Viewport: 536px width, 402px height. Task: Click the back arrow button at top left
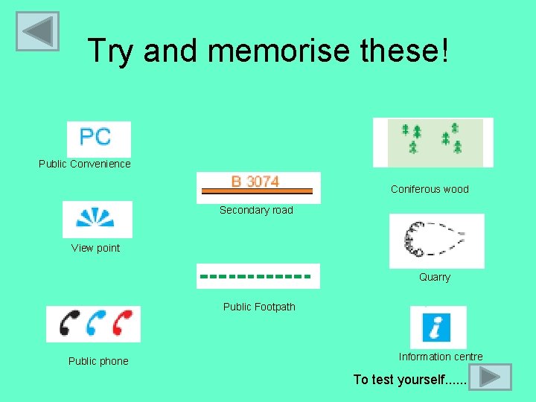pos(37,31)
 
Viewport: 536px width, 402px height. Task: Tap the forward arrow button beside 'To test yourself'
pos(491,377)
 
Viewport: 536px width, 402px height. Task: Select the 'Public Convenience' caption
pos(84,164)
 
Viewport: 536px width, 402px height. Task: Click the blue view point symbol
pos(97,218)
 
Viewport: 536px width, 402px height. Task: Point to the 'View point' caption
pos(95,248)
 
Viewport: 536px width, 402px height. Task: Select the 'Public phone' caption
pos(98,361)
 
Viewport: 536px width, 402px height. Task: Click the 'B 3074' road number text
pos(255,181)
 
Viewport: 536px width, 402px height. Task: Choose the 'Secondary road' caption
pos(256,210)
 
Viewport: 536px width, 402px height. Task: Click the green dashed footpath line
pos(255,276)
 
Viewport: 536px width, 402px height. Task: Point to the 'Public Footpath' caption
pos(259,307)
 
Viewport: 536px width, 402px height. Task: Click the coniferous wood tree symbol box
pos(433,141)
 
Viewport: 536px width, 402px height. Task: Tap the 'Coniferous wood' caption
pos(430,189)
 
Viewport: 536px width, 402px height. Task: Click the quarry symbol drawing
pos(435,240)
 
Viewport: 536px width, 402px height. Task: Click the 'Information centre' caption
pos(440,357)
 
